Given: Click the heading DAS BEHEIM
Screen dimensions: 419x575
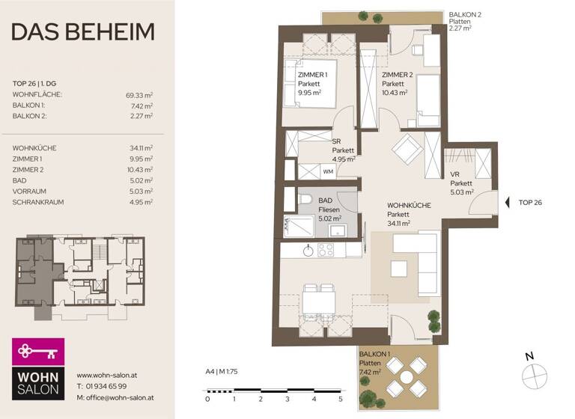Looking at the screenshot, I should tap(83, 32).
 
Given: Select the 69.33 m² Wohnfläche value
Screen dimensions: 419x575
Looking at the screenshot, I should tap(139, 95).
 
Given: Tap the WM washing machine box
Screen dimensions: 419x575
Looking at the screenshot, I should tap(328, 171).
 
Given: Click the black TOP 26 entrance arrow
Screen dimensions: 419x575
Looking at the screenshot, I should tap(508, 202).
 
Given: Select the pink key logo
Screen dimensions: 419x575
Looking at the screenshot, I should tap(38, 351).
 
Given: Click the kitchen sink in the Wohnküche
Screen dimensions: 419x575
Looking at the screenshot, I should tap(308, 251).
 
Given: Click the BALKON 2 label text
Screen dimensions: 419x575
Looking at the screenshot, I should tap(466, 15).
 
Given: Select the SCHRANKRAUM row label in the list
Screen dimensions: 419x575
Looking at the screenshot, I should tap(38, 202).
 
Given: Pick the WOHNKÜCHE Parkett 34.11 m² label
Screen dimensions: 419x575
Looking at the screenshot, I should tap(408, 213).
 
